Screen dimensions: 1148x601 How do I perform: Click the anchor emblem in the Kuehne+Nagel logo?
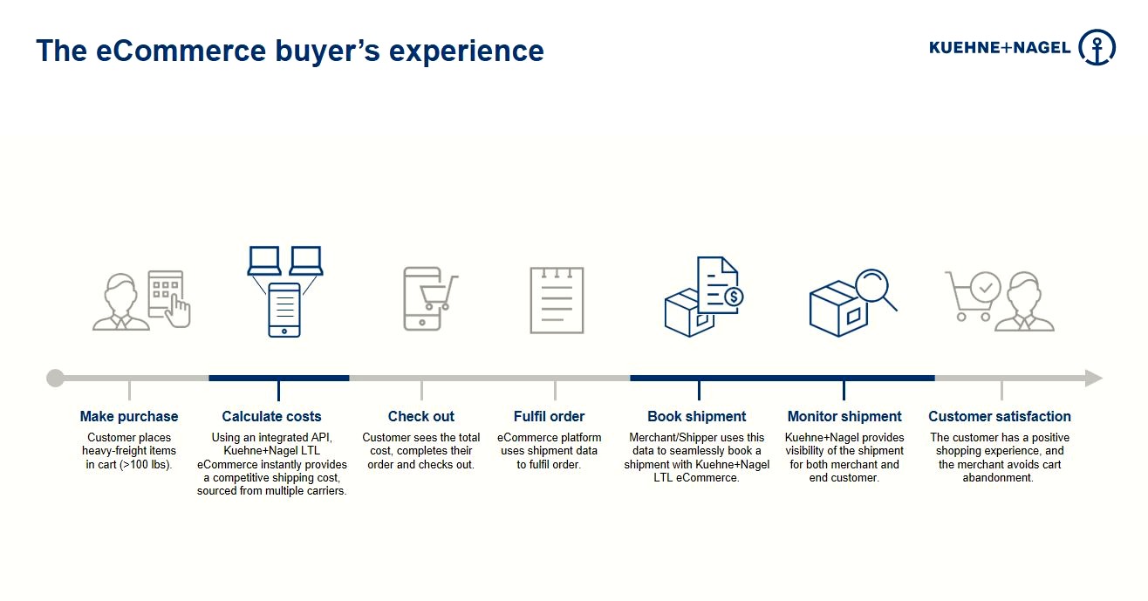(1097, 47)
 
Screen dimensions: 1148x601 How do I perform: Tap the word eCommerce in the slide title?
(181, 51)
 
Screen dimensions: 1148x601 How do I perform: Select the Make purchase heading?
(129, 416)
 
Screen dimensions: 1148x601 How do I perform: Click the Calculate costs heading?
(271, 416)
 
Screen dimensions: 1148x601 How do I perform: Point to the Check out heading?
(421, 416)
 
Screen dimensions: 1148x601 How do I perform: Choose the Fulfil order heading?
(549, 416)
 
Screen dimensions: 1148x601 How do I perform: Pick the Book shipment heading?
(696, 416)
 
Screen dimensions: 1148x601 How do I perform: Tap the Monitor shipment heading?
(844, 416)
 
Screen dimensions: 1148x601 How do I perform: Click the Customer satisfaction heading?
(1000, 416)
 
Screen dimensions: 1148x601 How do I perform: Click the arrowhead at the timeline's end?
(1094, 378)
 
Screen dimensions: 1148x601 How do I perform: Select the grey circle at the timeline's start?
(55, 378)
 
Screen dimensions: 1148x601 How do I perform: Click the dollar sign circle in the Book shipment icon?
(734, 297)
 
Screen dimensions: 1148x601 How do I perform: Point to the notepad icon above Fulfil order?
(557, 300)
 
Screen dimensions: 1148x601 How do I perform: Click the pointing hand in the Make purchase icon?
(179, 311)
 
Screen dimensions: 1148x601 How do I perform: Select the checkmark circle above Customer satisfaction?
(986, 288)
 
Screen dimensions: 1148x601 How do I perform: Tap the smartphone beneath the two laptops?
(284, 310)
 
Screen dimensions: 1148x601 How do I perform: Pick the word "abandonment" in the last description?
(997, 477)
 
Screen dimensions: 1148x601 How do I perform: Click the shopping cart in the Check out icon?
(439, 293)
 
